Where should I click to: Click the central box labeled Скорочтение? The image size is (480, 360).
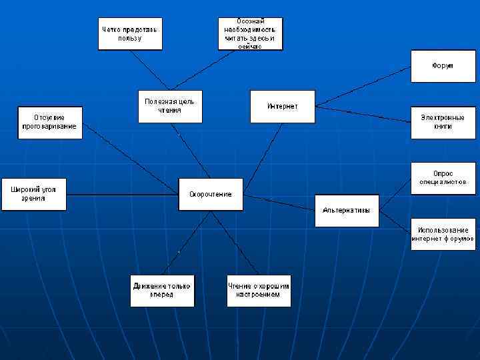pyautogui.click(x=211, y=194)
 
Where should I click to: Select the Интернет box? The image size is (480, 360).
pyautogui.click(x=283, y=106)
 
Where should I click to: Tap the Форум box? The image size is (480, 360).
pyautogui.click(x=443, y=66)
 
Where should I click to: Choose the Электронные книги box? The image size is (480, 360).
pyautogui.click(x=443, y=122)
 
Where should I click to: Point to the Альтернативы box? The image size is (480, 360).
pyautogui.click(x=347, y=211)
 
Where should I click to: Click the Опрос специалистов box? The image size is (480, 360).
pyautogui.click(x=443, y=178)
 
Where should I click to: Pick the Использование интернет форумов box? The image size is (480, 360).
pyautogui.click(x=443, y=234)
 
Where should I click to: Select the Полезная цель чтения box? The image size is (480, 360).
pyautogui.click(x=170, y=106)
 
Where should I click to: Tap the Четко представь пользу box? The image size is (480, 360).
pyautogui.click(x=130, y=33)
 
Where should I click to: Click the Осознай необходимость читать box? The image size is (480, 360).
pyautogui.click(x=250, y=33)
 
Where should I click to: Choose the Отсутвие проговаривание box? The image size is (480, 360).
pyautogui.click(x=50, y=122)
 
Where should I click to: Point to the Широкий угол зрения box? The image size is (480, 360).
pyautogui.click(x=34, y=194)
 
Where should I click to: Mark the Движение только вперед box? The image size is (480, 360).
pyautogui.click(x=162, y=290)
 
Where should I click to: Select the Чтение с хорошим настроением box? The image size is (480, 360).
pyautogui.click(x=259, y=290)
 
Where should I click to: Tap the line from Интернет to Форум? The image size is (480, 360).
pyautogui.click(x=363, y=87)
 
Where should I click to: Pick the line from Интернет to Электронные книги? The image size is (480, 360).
pyautogui.click(x=363, y=114)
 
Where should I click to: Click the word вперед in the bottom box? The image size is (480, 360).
pyautogui.click(x=162, y=295)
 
